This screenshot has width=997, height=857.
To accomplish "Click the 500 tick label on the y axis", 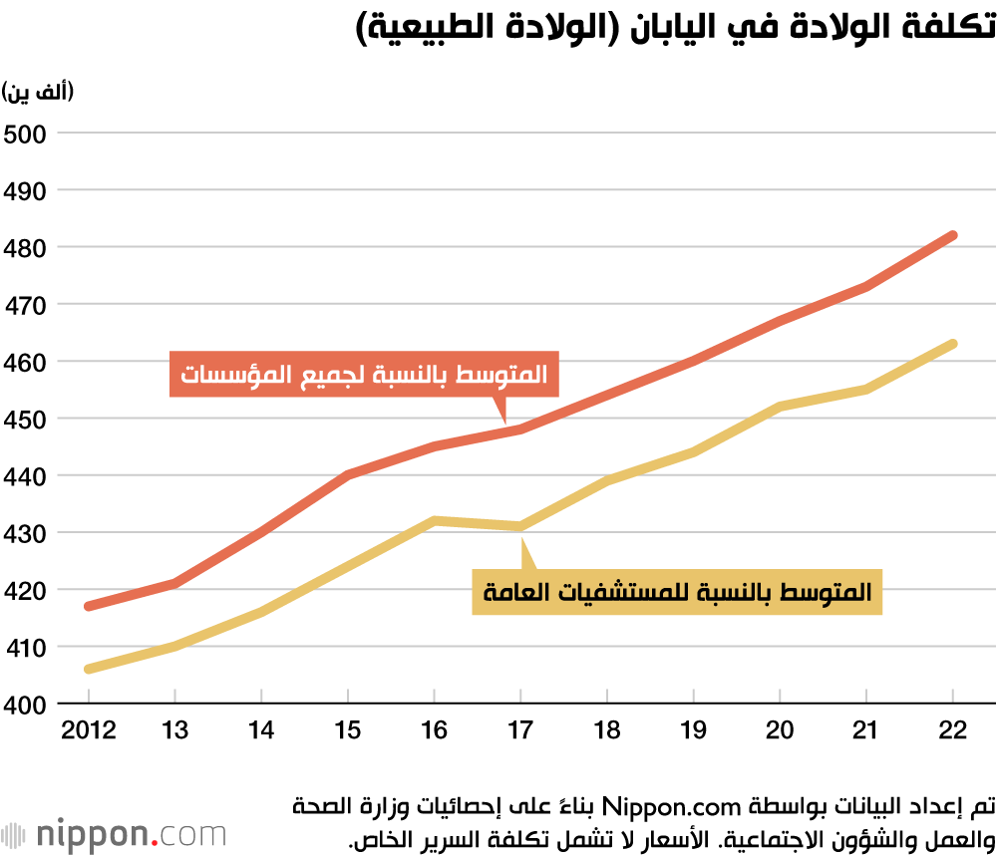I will (x=27, y=133).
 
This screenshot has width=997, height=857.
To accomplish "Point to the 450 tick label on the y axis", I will (x=27, y=420).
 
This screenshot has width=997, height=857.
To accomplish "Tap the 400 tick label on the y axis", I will (x=27, y=706).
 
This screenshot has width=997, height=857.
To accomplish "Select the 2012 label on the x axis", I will (x=89, y=730).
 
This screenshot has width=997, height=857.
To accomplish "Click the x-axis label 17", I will (x=520, y=730).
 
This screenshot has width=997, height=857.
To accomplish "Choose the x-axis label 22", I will (x=953, y=730).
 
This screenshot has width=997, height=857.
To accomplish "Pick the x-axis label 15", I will (x=348, y=730).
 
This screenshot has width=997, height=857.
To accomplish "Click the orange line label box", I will (x=363, y=375).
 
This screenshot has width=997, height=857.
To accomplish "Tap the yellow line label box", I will (x=677, y=592).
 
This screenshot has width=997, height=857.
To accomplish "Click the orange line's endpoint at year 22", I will (x=953, y=236).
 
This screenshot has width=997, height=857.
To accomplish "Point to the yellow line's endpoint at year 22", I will (x=953, y=345).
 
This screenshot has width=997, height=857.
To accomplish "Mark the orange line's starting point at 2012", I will (x=89, y=606).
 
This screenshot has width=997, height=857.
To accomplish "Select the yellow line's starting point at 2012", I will (x=89, y=669).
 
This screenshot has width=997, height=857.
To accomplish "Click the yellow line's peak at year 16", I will (x=435, y=520).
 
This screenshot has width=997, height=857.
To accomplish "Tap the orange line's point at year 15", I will (x=348, y=475).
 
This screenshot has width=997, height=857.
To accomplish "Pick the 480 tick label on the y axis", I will (x=27, y=247).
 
